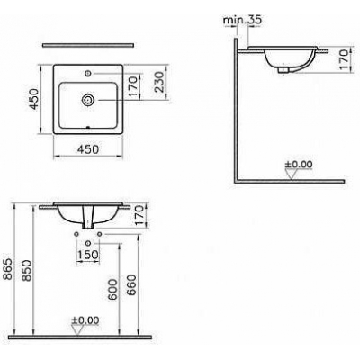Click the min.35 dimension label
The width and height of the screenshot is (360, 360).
[243, 20]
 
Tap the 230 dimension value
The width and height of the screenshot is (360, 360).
[159, 82]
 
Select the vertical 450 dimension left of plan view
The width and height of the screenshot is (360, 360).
[33, 99]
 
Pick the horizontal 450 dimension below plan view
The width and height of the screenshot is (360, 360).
[87, 148]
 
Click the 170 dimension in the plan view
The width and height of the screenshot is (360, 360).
[133, 86]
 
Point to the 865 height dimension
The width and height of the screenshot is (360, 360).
[8, 268]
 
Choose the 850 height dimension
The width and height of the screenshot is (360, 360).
[26, 270]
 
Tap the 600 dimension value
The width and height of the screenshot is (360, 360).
[113, 289]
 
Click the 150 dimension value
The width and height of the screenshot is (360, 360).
[88, 255]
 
